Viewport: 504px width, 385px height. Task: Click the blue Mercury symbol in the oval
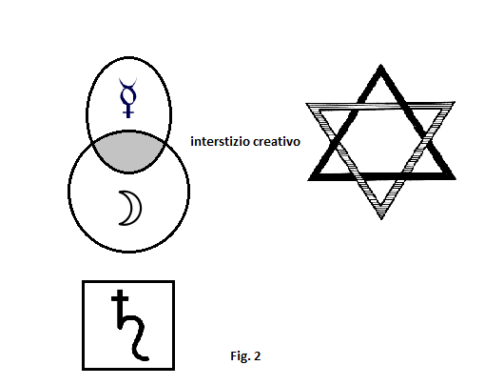point(128,96)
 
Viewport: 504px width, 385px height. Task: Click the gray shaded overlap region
point(128,152)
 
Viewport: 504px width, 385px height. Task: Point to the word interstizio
point(220,141)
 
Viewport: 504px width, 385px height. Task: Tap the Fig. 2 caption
point(245,356)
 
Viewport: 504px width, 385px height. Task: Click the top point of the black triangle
point(381,66)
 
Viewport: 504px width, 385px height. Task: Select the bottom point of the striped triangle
point(381,218)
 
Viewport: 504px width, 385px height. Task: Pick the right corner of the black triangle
point(455,177)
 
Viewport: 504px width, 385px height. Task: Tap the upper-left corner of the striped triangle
point(307,105)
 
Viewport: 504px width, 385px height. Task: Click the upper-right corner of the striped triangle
point(454,103)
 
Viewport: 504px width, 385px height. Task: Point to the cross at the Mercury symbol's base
point(128,111)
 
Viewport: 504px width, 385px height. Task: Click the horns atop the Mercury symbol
point(128,83)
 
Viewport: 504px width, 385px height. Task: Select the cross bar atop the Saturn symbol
point(120,298)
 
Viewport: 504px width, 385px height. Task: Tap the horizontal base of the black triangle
point(382,176)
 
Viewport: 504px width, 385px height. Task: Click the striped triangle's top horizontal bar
point(380,106)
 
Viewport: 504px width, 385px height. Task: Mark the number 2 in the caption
point(257,356)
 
